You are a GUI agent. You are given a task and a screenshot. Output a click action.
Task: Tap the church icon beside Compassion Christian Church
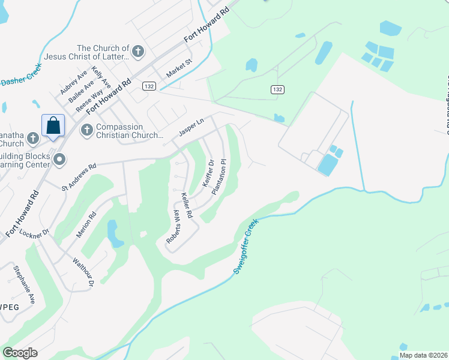[x=87, y=130]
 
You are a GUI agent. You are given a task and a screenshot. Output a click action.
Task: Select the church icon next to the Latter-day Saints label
[x=137, y=52]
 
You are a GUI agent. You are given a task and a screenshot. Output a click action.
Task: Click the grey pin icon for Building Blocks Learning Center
[x=59, y=159]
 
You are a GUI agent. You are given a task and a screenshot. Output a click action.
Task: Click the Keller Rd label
[x=187, y=205]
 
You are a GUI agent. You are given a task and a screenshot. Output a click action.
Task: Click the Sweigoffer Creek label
[x=246, y=247]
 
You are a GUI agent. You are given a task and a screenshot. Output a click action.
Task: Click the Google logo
[x=20, y=352]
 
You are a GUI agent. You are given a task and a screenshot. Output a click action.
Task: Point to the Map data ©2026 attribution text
[x=423, y=355]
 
